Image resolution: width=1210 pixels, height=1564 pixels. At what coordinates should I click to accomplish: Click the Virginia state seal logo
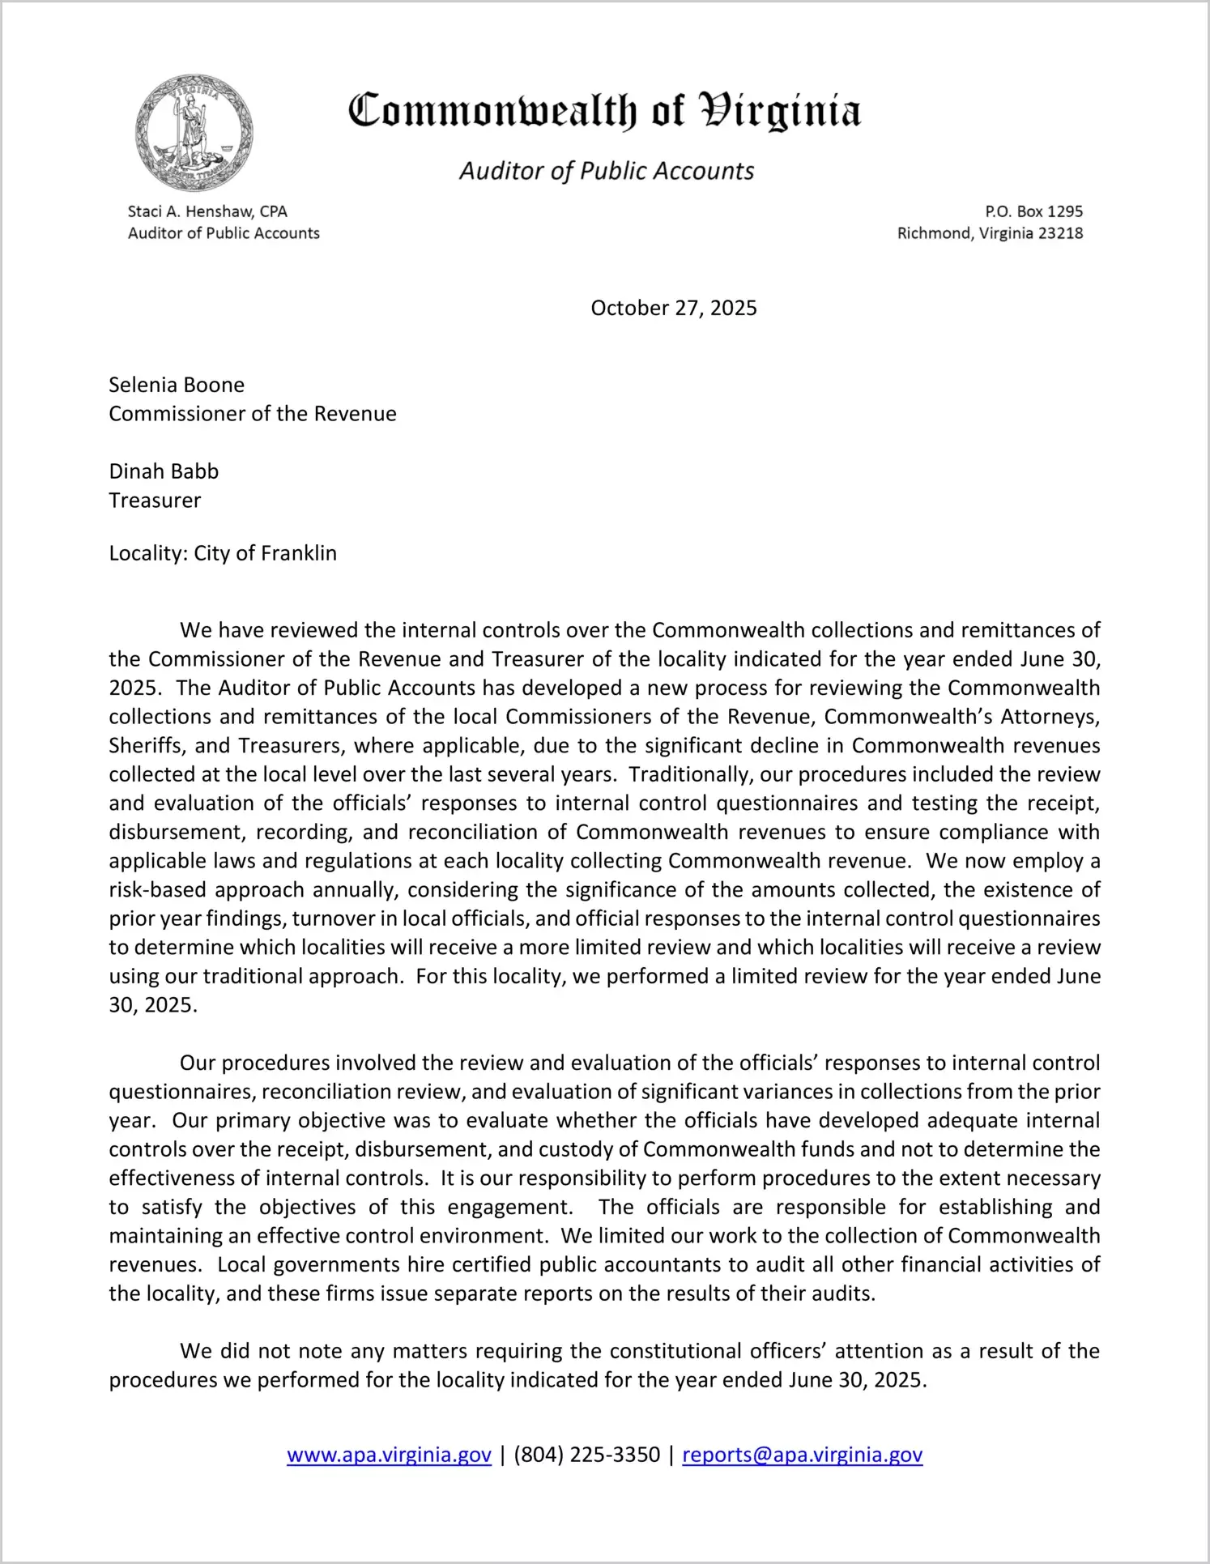[x=194, y=134]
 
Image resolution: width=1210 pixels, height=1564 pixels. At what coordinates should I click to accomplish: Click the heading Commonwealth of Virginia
[x=604, y=112]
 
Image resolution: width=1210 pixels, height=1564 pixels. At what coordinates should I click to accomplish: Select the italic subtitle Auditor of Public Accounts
[x=607, y=171]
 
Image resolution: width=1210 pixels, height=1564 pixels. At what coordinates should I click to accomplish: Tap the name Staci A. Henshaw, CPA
[x=207, y=211]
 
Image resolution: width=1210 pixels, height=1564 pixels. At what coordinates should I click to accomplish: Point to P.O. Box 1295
[x=1033, y=211]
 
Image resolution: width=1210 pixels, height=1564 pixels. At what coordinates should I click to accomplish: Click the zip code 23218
[x=1060, y=233]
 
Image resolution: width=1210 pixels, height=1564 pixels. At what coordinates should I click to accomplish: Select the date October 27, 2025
[x=673, y=308]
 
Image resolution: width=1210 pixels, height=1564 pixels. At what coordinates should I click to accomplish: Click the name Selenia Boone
[x=177, y=385]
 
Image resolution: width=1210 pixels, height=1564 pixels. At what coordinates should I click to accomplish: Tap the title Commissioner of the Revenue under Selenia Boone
[x=253, y=414]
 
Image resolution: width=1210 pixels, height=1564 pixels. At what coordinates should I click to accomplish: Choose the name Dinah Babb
[x=164, y=471]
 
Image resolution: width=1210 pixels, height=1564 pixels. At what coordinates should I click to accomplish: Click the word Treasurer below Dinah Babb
[x=155, y=501]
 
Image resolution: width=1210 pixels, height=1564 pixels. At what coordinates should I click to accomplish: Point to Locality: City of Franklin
[x=223, y=553]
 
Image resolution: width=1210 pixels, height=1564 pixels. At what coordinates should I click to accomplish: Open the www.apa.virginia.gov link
[x=389, y=1455]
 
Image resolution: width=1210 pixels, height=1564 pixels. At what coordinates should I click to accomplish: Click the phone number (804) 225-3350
[x=586, y=1455]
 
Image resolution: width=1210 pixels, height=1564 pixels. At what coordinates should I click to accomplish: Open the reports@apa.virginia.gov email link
[x=802, y=1455]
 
